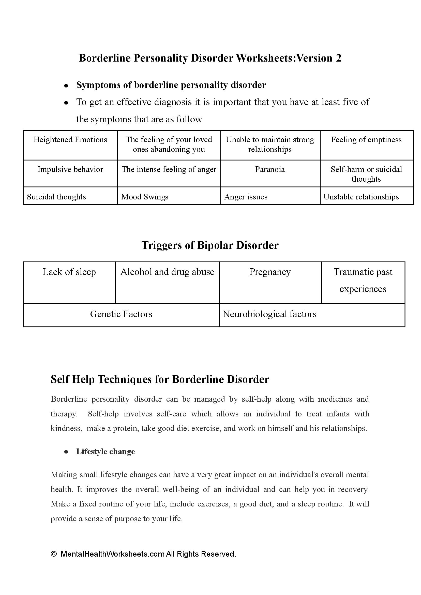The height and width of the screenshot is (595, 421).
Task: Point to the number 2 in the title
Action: coord(339,58)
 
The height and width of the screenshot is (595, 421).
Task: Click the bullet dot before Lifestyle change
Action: coord(66,452)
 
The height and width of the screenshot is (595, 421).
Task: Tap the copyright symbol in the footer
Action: coord(54,554)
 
